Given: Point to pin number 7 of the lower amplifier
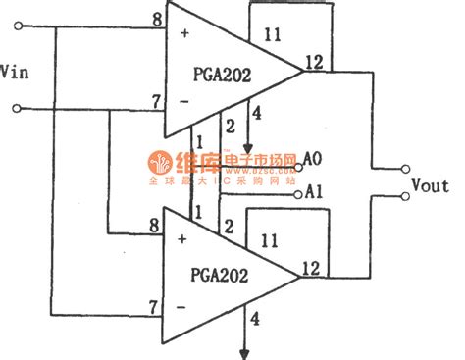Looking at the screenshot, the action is click(x=154, y=308).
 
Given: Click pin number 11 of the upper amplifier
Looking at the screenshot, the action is click(x=274, y=36).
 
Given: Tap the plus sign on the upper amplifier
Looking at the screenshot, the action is click(x=182, y=32).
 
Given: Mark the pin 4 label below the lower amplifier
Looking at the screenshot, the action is click(x=255, y=318).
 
